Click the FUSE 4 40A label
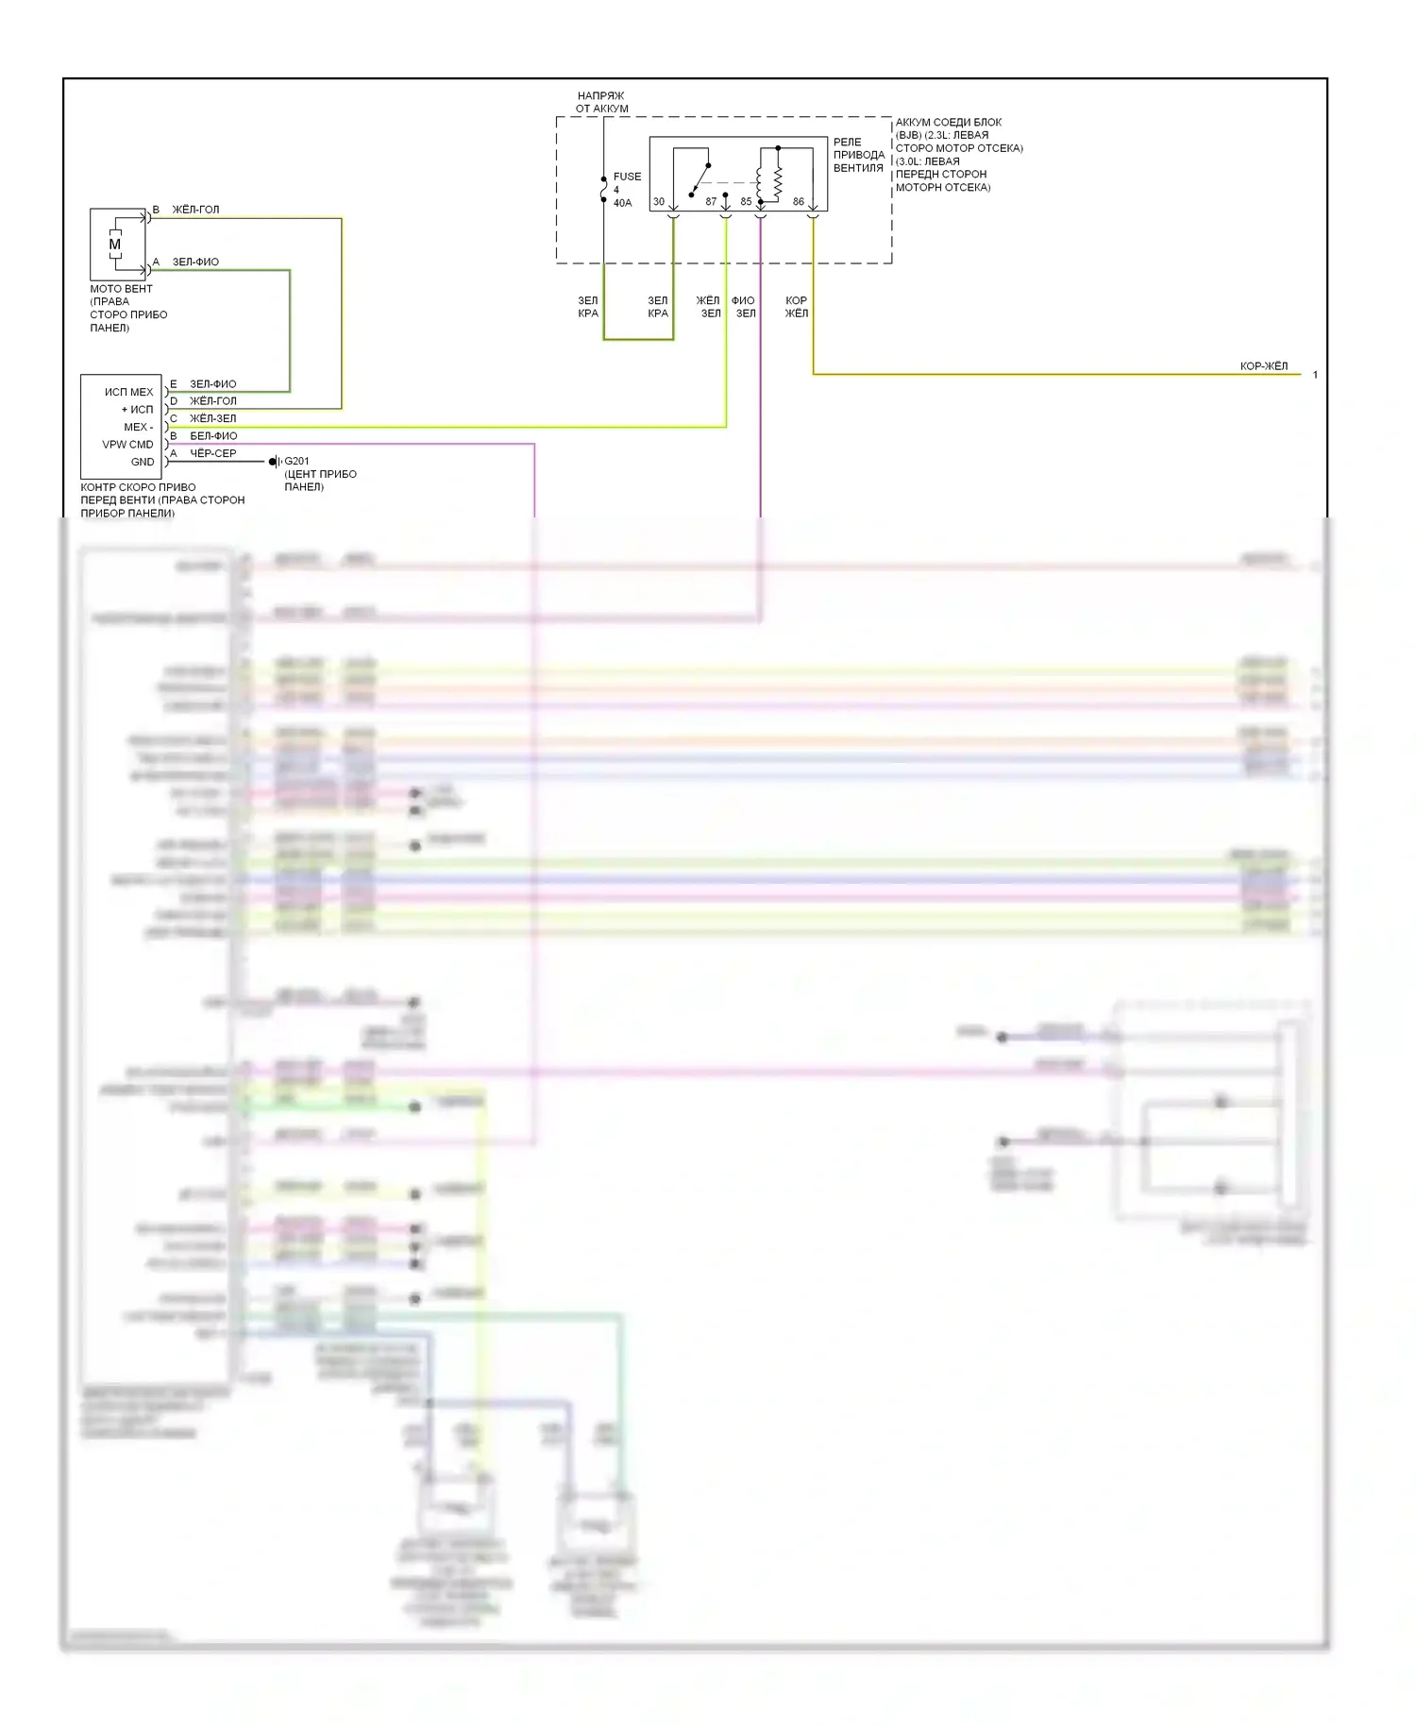pos(626,190)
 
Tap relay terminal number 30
pos(659,202)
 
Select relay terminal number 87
pos(711,202)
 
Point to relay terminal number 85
pos(746,202)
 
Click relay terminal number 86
pos(799,202)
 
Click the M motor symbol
pos(115,245)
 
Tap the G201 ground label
pos(296,462)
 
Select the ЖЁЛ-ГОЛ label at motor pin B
pos(195,210)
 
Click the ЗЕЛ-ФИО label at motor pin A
pos(195,262)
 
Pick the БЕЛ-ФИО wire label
pos(213,436)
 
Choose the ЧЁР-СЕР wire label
pos(213,453)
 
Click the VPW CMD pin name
pos(127,445)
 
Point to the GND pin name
pos(143,462)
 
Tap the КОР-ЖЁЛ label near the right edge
pos(1263,366)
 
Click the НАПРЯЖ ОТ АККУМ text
pos(601,102)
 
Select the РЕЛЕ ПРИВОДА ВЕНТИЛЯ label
pos(858,155)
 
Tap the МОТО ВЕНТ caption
pos(121,289)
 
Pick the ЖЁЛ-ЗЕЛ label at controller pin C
pos(213,418)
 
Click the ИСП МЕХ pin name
pos(129,392)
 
